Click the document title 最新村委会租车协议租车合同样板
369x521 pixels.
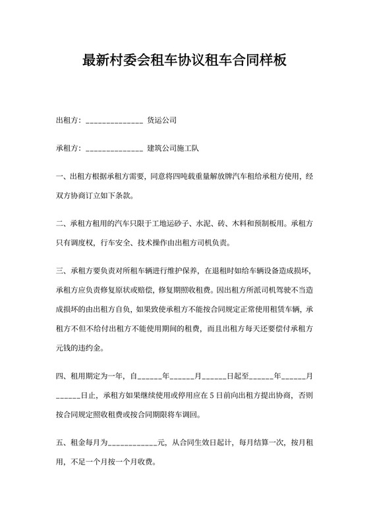coord(184,61)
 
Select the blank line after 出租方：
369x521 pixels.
coord(114,121)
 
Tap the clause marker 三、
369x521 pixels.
coord(62,270)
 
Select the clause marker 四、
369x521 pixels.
coord(62,376)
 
